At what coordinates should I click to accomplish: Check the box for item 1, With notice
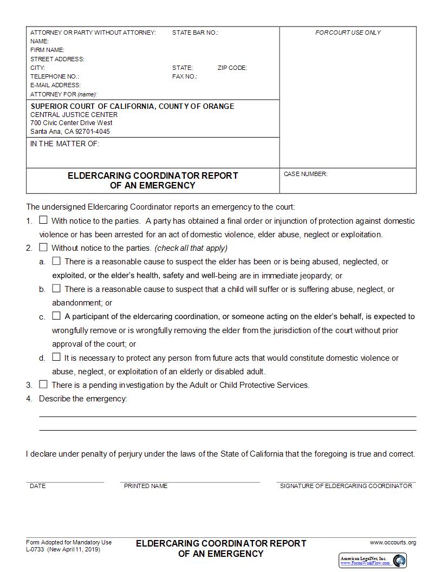click(x=43, y=220)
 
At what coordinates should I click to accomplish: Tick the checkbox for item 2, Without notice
click(x=43, y=248)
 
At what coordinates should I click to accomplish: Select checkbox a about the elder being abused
click(x=56, y=261)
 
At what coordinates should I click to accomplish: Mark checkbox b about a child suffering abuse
click(x=56, y=289)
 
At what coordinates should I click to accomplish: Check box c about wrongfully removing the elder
click(x=56, y=316)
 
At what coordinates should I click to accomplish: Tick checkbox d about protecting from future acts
click(x=56, y=357)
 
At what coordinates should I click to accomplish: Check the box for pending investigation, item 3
click(x=43, y=385)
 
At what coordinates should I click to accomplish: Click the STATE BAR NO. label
click(x=195, y=33)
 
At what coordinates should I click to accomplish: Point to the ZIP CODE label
click(x=232, y=68)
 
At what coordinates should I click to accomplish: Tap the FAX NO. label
click(x=184, y=77)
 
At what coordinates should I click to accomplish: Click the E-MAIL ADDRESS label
click(x=55, y=86)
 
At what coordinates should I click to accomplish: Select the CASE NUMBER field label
click(x=305, y=174)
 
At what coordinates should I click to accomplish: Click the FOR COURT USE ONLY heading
click(x=348, y=33)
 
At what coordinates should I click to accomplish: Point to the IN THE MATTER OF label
click(x=65, y=144)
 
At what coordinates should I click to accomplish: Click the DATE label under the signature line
click(x=38, y=486)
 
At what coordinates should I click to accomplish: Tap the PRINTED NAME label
click(x=146, y=486)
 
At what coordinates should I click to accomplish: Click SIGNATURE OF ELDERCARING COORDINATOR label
click(x=346, y=486)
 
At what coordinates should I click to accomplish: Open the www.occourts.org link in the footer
click(x=393, y=543)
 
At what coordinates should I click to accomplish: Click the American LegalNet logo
click(x=373, y=560)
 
